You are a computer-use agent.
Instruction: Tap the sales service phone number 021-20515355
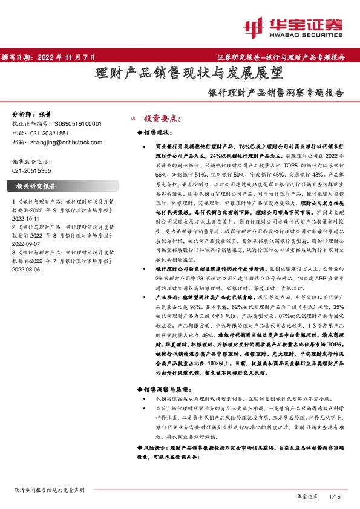tap(33, 171)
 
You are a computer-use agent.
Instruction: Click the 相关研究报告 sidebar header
tap(36, 186)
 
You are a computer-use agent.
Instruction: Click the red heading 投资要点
tap(162, 118)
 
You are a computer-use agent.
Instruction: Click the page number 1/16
tap(334, 496)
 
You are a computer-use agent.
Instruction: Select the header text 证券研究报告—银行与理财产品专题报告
tap(281, 57)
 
